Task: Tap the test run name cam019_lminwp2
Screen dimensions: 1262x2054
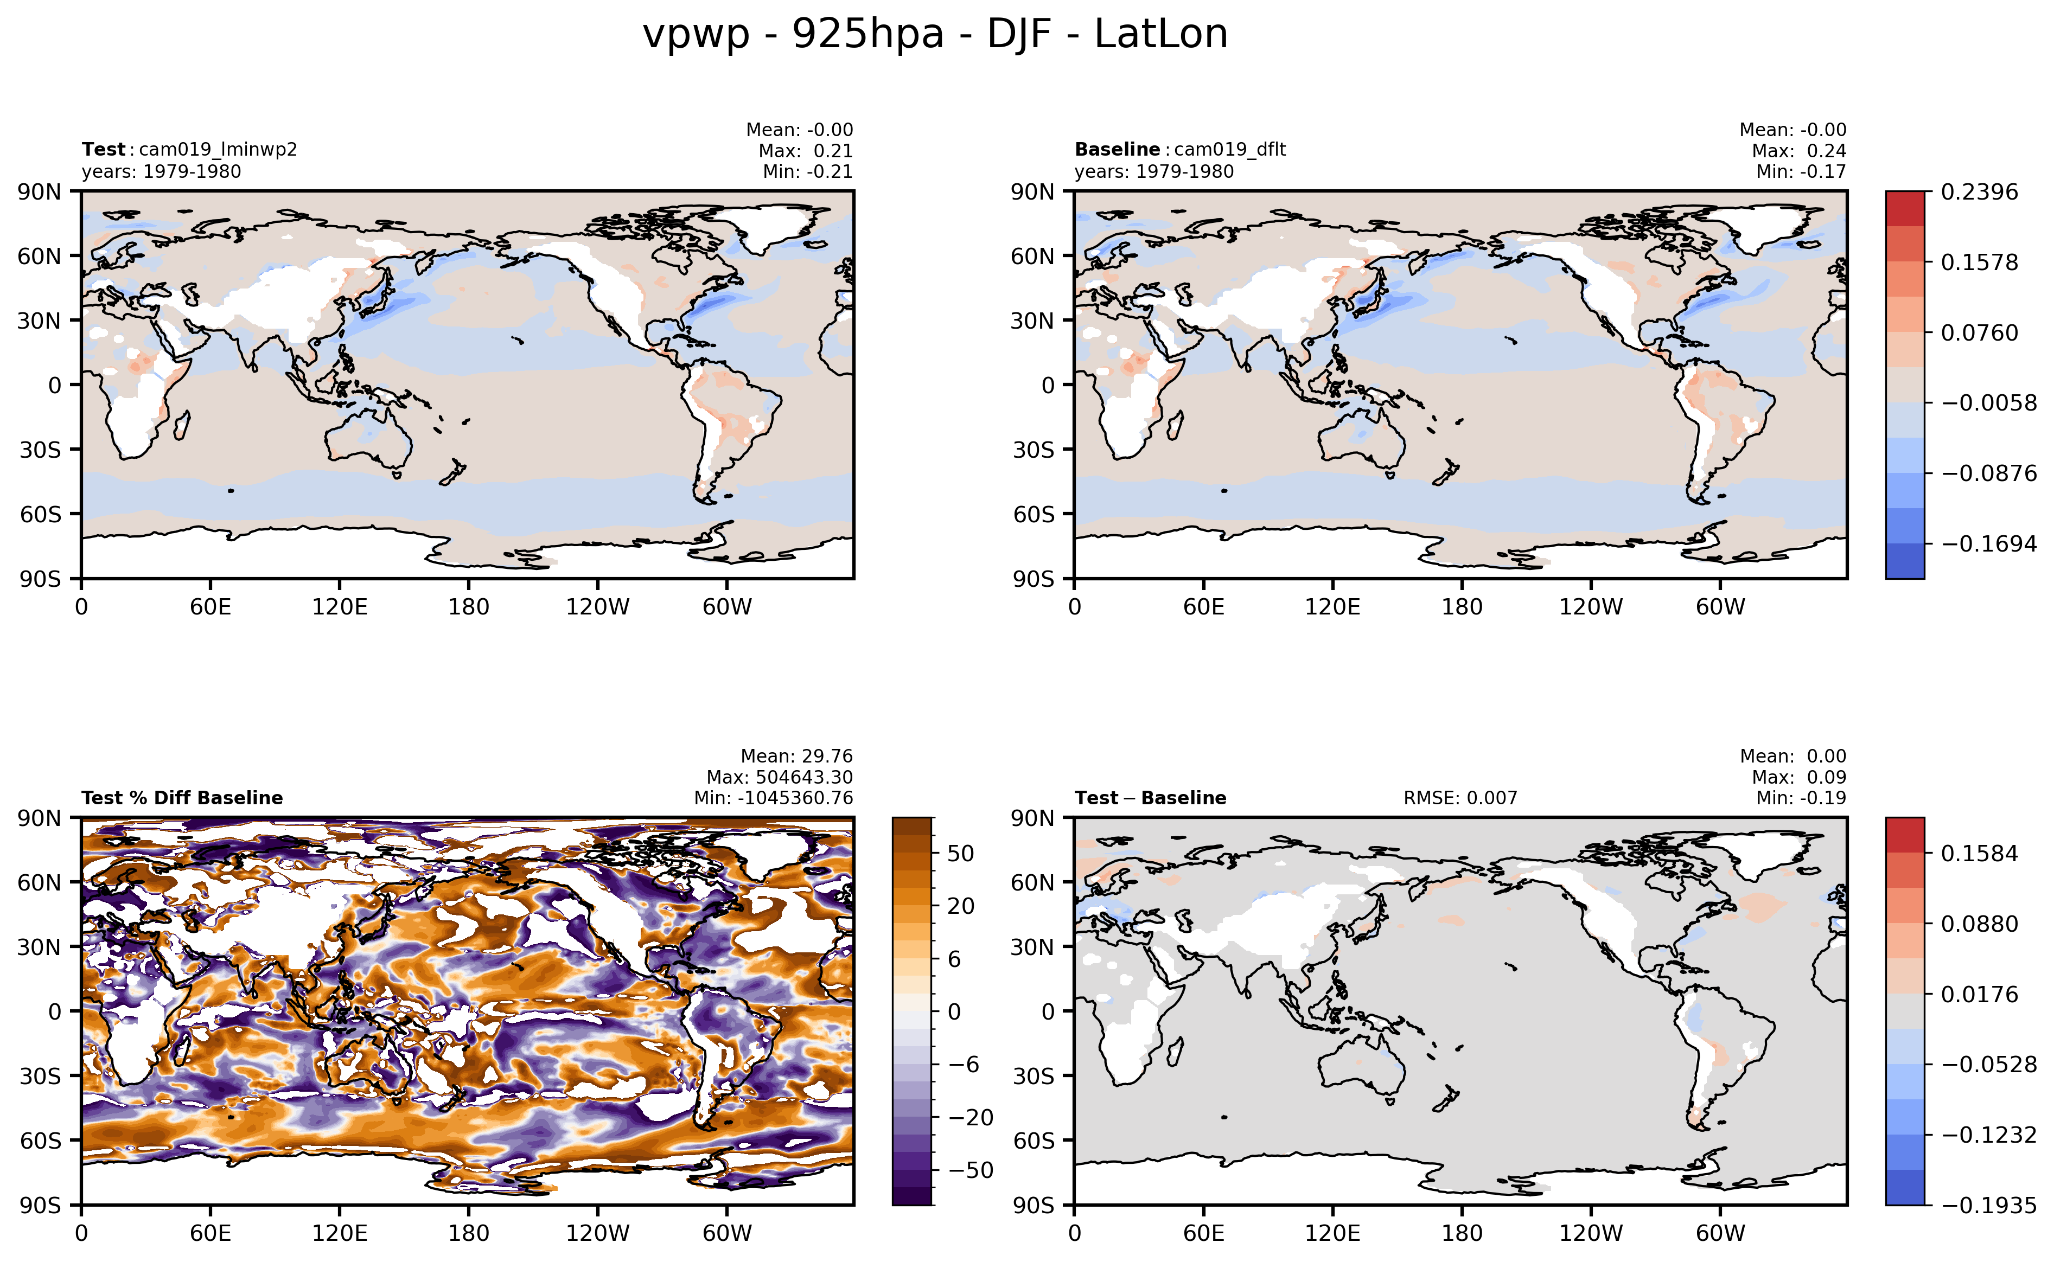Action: pos(218,149)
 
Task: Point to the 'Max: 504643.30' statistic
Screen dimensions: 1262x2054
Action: pos(779,777)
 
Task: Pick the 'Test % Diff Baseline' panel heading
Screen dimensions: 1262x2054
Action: pos(182,798)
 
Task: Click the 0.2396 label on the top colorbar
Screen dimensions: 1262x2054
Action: pos(1979,192)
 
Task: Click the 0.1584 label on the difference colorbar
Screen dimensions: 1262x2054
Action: pos(1979,853)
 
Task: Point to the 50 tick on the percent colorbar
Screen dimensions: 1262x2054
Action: pos(960,853)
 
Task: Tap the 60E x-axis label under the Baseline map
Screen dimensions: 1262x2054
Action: pos(1203,607)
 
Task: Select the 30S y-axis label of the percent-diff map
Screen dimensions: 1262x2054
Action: pos(40,1076)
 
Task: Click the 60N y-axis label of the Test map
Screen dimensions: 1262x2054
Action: pos(40,256)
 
